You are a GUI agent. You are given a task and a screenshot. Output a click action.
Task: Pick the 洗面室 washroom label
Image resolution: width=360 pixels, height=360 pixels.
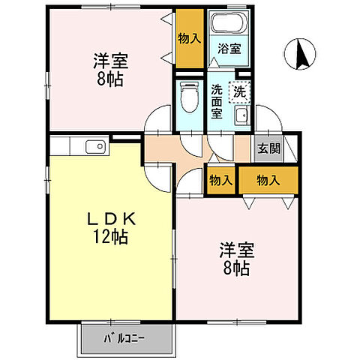tap(216, 102)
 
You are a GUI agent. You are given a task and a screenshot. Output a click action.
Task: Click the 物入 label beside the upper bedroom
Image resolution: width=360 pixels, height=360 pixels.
tap(190, 37)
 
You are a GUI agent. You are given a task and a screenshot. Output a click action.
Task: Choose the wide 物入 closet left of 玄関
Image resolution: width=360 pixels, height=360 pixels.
tap(268, 180)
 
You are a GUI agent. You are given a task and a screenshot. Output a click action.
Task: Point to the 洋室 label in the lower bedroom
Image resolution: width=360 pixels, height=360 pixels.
tap(235, 249)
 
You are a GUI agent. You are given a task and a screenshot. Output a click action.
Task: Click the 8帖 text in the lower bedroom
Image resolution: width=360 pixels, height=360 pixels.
tap(235, 268)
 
